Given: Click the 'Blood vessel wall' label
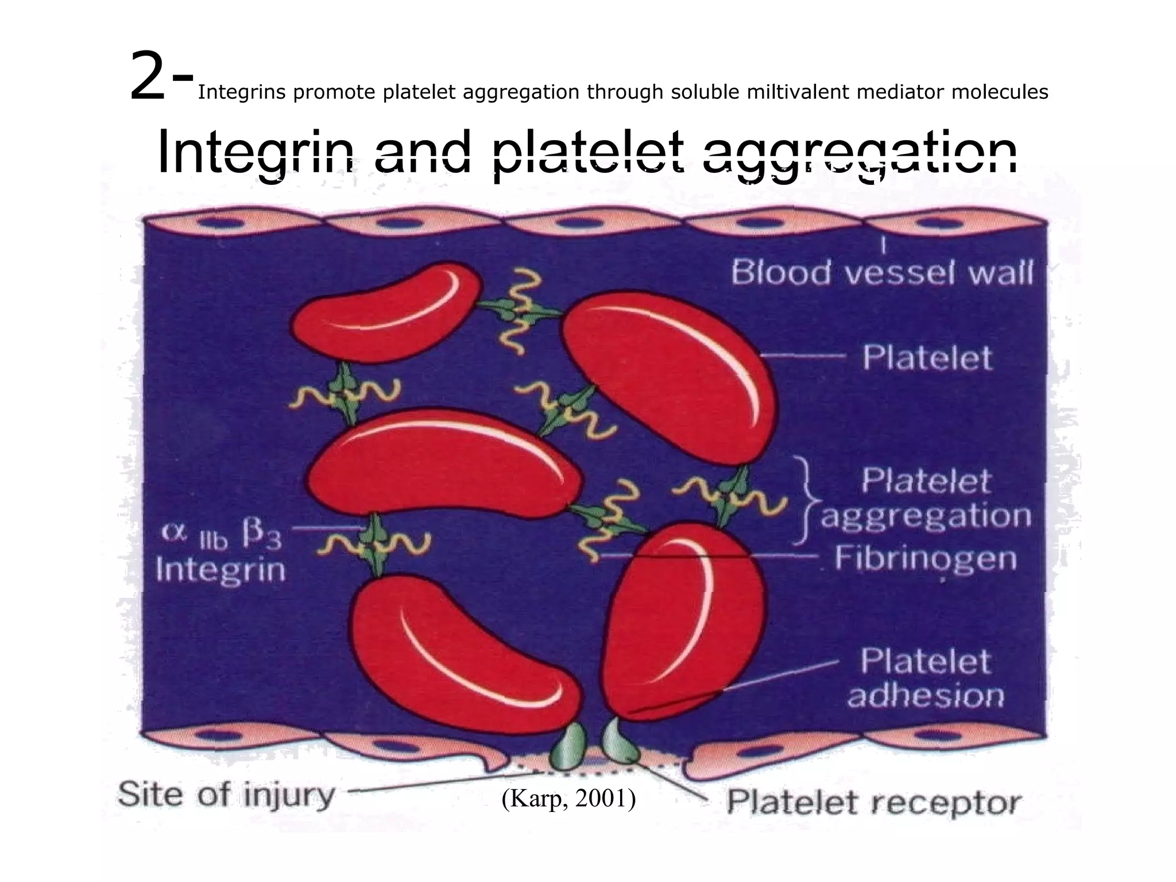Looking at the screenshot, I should [x=882, y=272].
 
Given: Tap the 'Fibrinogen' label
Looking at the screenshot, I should [x=926, y=558].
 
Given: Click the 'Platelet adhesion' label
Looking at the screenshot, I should [x=926, y=678].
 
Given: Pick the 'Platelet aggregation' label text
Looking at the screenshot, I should [x=926, y=498].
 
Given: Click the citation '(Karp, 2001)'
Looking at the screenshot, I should [x=568, y=799].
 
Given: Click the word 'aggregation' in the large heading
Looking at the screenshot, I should [x=860, y=152].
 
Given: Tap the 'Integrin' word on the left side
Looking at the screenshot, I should [x=220, y=570].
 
